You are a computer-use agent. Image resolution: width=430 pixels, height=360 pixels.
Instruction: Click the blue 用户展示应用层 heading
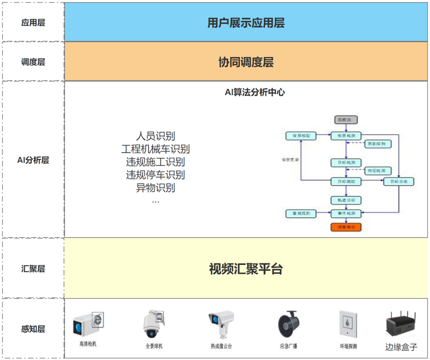[x=246, y=22]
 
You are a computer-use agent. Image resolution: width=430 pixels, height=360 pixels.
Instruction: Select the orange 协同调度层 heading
[x=246, y=62]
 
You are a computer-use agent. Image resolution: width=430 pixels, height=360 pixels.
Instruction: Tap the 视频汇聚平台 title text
[x=246, y=269]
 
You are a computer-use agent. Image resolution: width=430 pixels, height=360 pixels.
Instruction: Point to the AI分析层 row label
[x=33, y=160]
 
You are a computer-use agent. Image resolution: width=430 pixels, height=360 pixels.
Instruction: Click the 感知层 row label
[x=33, y=329]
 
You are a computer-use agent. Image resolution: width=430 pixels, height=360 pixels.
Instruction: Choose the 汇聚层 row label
[x=33, y=269]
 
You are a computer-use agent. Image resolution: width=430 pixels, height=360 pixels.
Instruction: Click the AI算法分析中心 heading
[x=255, y=92]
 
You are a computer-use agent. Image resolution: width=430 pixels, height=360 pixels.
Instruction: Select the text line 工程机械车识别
[x=155, y=149]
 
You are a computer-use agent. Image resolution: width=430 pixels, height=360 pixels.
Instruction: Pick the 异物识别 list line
[x=155, y=188]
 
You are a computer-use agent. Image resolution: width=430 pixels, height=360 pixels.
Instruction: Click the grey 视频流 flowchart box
[x=346, y=120]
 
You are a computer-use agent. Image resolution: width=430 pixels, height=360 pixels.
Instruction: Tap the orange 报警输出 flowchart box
[x=346, y=227]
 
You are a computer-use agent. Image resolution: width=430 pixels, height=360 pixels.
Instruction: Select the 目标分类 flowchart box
[x=398, y=181]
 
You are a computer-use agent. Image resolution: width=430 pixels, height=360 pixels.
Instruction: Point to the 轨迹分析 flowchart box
[x=346, y=200]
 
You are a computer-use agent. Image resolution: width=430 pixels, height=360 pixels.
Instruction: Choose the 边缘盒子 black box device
[x=401, y=323]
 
